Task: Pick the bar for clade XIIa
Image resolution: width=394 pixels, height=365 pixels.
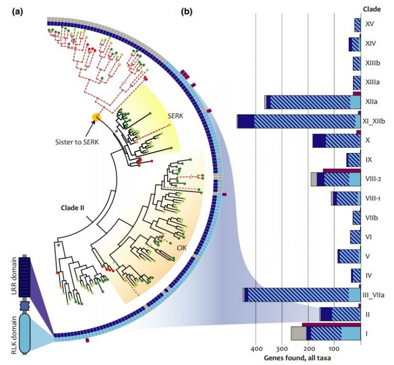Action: click(x=312, y=102)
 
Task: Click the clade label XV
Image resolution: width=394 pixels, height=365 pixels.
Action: click(x=369, y=24)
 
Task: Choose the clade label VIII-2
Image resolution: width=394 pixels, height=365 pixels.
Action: click(x=373, y=179)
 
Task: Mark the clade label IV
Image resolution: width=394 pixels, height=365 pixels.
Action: click(x=369, y=275)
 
